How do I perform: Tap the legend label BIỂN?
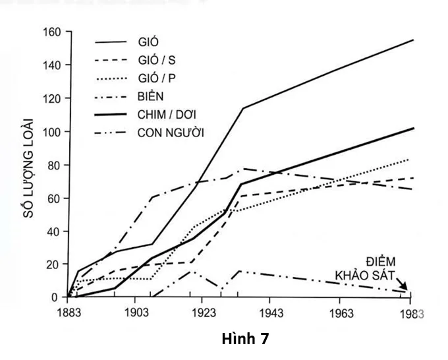coord(152,96)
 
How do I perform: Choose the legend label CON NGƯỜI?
coord(171,132)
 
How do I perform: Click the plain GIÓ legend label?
coord(149,42)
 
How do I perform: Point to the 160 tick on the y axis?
coord(52,32)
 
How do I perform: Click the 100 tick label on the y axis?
coord(52,132)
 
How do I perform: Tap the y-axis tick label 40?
coord(55,231)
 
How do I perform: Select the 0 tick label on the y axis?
coord(57,297)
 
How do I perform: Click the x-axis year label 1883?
coord(67,313)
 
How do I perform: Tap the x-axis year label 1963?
coord(340,313)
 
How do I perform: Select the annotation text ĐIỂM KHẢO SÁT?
coord(382,268)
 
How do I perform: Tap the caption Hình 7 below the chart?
coord(246,338)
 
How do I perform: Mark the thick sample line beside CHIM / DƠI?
coord(113,114)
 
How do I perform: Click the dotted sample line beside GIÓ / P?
coord(113,78)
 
